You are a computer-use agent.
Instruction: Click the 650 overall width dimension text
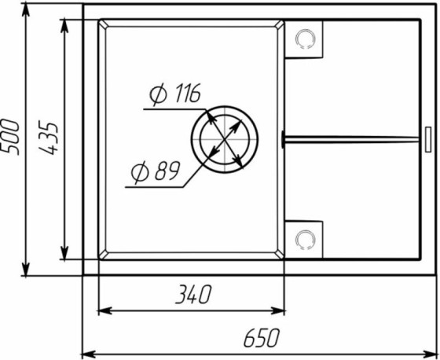pyautogui.click(x=261, y=339)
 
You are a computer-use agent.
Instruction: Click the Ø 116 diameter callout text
pyautogui.click(x=174, y=96)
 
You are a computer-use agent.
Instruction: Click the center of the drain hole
pyautogui.click(x=225, y=139)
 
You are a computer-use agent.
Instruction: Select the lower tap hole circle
pyautogui.click(x=306, y=238)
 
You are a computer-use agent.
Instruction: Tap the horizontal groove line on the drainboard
pyautogui.click(x=354, y=139)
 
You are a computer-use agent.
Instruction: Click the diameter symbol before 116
pyautogui.click(x=155, y=96)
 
